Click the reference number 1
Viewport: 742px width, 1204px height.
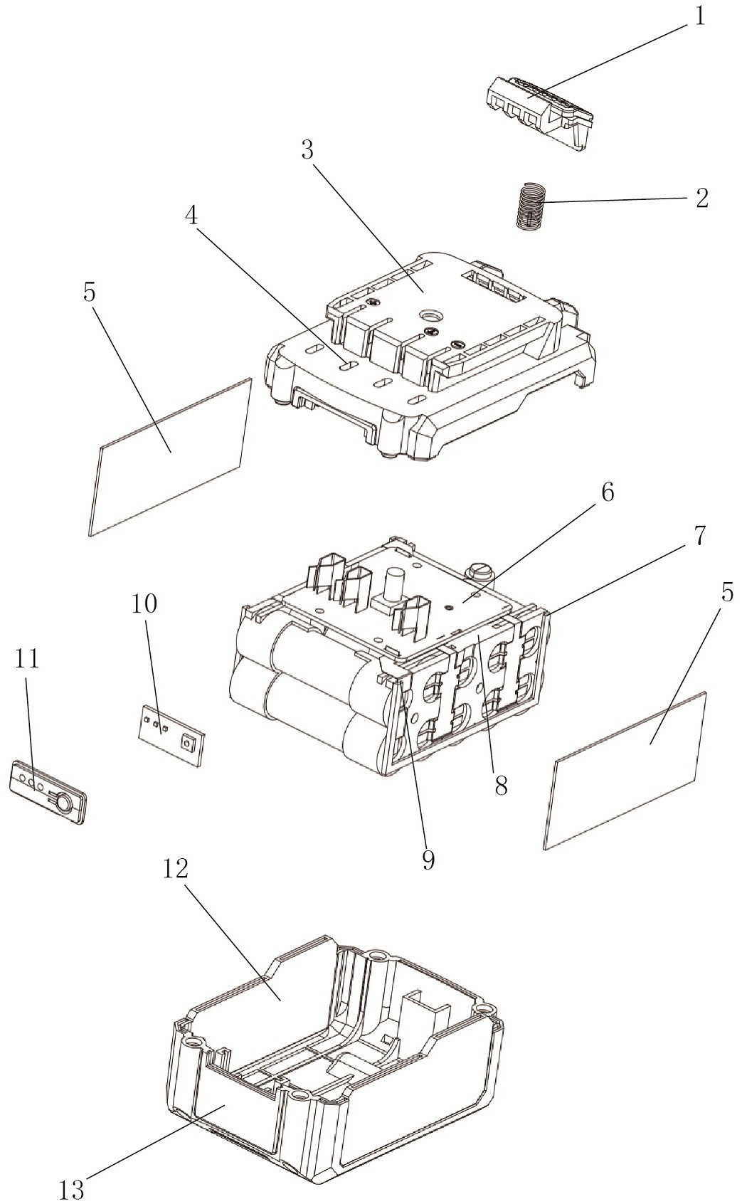(700, 16)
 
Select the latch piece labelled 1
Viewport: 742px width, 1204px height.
(539, 111)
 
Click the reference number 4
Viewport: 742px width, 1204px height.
(192, 216)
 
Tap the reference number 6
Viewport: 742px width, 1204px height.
(607, 492)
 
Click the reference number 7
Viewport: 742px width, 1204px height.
(700, 536)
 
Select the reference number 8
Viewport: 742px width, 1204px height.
(501, 786)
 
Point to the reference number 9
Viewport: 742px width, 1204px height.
(428, 860)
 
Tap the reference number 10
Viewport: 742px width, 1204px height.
(144, 605)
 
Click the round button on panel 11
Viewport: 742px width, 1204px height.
(63, 803)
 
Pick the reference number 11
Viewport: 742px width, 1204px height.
(27, 660)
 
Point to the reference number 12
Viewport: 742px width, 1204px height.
(176, 868)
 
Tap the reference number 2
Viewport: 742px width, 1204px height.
(701, 199)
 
